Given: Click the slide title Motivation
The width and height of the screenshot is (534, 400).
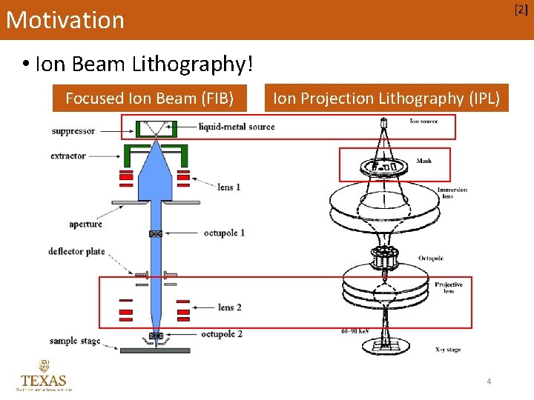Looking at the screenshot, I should pos(65,20).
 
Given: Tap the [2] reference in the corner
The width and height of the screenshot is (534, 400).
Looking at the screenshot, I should pos(521,10).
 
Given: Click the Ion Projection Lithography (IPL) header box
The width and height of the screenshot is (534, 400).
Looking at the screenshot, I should pos(386,98).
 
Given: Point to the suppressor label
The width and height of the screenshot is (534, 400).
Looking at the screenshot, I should pos(73,131).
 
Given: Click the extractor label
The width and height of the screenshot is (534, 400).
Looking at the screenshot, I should pos(69,156).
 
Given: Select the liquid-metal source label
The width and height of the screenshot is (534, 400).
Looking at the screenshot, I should pos(236,127).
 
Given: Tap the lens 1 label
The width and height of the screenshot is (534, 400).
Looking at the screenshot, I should pos(229,187).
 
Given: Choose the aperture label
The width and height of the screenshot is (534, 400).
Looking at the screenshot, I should pos(85,224).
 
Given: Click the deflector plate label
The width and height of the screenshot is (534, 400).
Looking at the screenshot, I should pos(77,252).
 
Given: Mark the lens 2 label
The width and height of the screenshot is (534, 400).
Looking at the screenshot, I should pos(229,307).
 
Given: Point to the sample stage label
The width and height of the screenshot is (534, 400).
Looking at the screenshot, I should pos(74,341).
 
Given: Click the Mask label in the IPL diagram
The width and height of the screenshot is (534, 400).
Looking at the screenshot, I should pos(424,161).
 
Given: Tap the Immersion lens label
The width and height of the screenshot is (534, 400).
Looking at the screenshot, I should pos(452,193).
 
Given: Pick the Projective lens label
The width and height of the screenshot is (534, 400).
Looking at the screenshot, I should pos(449,287).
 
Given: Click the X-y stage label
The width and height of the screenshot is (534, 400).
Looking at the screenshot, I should pos(447,349).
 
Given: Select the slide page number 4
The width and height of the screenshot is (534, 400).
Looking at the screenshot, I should pos(489,381).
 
